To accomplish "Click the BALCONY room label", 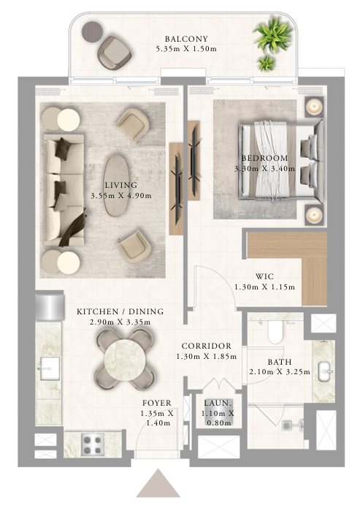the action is pos(186,39).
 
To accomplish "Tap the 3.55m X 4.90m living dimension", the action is pos(121,196).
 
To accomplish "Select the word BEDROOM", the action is pos(265,158).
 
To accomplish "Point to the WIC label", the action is pos(264,277).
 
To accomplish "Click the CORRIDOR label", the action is pos(207,346).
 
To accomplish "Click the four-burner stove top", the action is pos(92,444).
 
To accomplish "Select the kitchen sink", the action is pos(49,368).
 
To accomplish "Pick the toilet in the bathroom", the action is pos(275,332).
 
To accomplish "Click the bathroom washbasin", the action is pos(324,371).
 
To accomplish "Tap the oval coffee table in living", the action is pos(116,186).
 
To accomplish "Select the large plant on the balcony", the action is pos(273,34).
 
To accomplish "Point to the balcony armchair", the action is pos(115,52).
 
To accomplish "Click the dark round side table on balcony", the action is pos(92,31).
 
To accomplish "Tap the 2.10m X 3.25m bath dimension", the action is pos(280,372).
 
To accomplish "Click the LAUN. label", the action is pos(218,403).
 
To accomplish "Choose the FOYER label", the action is pos(157,403).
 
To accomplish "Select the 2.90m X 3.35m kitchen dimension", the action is pos(120,322).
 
